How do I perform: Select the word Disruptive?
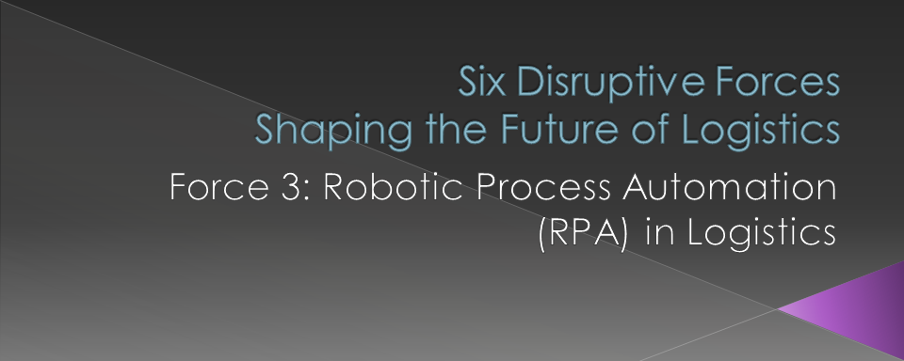pyautogui.click(x=604, y=84)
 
